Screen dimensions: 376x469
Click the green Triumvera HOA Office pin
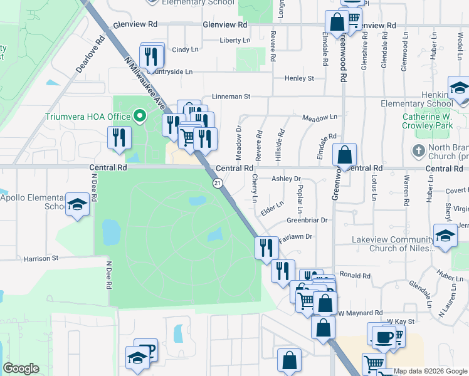pos(140,116)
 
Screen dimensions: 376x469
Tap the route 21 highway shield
pos(217,182)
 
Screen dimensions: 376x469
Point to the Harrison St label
pos(41,258)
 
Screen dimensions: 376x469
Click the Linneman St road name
pos(231,97)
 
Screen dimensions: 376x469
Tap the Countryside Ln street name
pos(170,72)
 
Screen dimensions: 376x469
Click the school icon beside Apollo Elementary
pos(78,206)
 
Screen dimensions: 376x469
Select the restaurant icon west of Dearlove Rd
pos(119,137)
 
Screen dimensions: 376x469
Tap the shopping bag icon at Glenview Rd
pos(337,22)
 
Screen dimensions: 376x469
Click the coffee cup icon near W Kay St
pos(383,337)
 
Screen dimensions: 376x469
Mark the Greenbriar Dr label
pos(307,220)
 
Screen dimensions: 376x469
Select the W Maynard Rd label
pos(360,313)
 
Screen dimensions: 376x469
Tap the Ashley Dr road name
pos(286,179)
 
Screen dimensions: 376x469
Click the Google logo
pos(21,368)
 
